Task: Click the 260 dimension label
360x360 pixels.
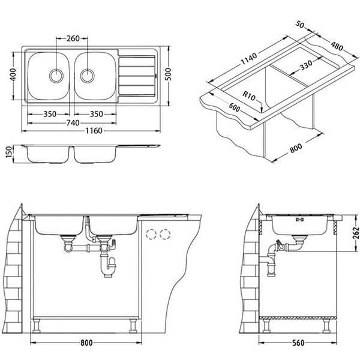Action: click(73, 38)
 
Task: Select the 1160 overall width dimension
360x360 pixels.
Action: click(94, 131)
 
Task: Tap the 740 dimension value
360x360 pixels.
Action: click(73, 123)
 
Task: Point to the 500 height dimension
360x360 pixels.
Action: click(169, 74)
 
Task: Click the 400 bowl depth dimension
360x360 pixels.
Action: click(13, 74)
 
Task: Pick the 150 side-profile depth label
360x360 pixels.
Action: click(8, 152)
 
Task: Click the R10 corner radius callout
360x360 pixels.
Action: click(249, 96)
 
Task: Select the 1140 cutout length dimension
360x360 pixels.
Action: click(248, 59)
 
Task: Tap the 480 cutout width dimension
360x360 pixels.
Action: click(337, 46)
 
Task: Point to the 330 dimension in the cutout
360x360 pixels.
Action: click(306, 65)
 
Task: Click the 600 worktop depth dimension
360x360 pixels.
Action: click(234, 107)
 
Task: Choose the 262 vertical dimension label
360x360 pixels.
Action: click(356, 233)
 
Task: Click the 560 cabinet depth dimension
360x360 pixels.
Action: click(298, 343)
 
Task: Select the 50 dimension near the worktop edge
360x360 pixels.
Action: click(300, 24)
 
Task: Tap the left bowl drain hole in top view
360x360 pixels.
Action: click(56, 76)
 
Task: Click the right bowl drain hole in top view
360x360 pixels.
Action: click(87, 76)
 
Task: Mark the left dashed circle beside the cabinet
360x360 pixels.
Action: click(151, 235)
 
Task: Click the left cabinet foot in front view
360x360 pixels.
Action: click(37, 326)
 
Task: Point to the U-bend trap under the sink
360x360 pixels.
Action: click(109, 266)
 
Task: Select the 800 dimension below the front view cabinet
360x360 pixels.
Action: click(86, 343)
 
